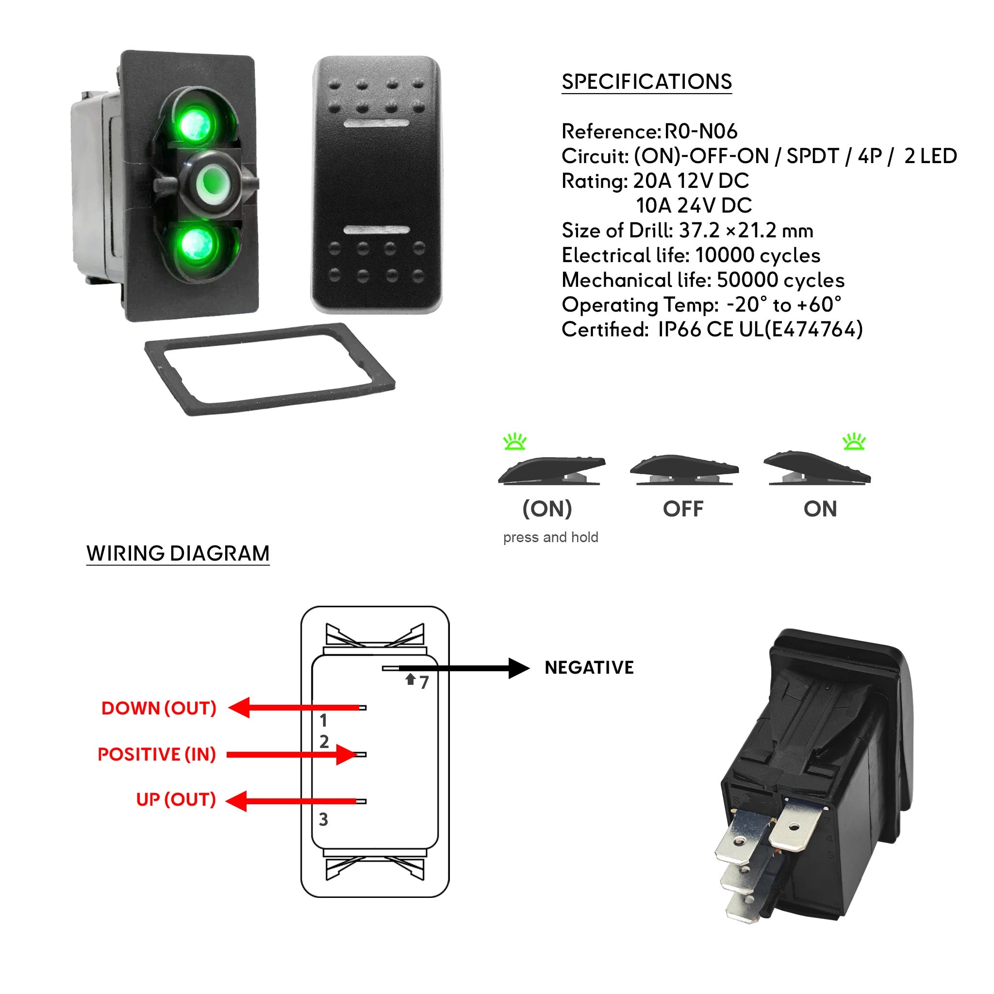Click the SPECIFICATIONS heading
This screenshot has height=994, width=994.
pos(646,82)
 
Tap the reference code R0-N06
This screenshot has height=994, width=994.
pos(701,132)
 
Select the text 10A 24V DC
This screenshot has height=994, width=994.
pos(694,206)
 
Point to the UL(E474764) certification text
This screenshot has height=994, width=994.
pos(800,330)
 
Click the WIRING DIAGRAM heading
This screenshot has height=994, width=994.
pos(178,554)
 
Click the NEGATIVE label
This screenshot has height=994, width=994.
pos(589,668)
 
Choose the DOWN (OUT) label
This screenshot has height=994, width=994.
pos(158,709)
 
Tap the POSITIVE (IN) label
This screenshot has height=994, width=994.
pos(156,754)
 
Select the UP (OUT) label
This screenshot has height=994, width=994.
pos(176,799)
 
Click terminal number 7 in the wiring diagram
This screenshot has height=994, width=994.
pos(424,683)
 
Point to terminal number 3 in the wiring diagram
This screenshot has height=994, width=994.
pos(323,820)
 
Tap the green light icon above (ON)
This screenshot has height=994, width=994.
pos(514,442)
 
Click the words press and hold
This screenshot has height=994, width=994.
pos(550,538)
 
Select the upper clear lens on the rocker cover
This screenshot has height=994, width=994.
pos(376,124)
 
